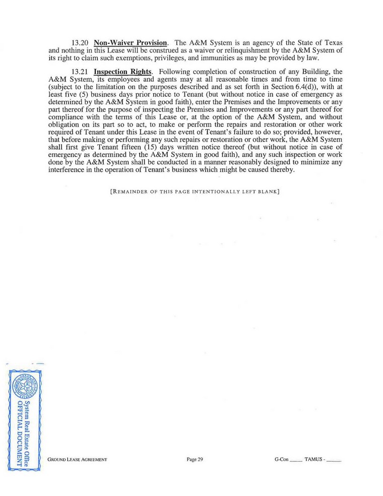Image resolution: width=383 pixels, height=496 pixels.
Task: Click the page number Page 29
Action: (x=194, y=460)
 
